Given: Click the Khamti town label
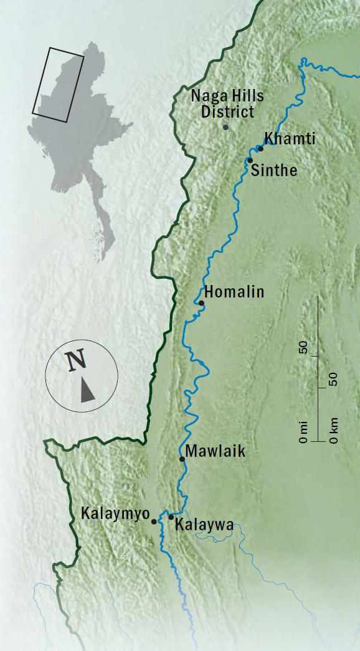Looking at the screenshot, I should tap(290, 139).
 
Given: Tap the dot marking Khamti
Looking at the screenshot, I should tap(260, 148).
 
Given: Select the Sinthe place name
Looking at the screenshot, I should tap(273, 170).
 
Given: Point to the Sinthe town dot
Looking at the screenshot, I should tap(250, 161).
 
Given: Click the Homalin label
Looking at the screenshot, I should tap(234, 292).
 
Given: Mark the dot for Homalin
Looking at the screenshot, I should tap(201, 303).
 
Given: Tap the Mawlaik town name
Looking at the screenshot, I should tap(215, 452).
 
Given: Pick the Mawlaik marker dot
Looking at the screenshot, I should tap(182, 459).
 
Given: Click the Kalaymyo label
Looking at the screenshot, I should tap(116, 515).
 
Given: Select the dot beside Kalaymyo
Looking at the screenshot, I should tap(154, 522).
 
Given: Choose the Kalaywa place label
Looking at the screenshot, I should tap(204, 525).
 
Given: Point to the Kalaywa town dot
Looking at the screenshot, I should tap(171, 517).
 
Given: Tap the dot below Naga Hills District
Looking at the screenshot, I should tap(225, 127).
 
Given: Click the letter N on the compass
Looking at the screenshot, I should tap(76, 360).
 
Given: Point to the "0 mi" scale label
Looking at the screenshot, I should tap(303, 431).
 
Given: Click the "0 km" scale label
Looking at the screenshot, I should tap(334, 431).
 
